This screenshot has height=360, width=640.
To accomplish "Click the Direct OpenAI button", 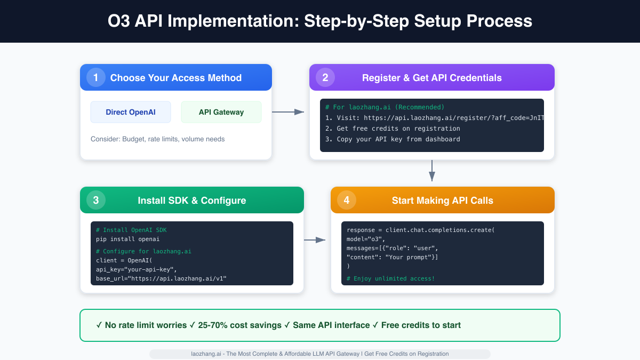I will pyautogui.click(x=131, y=112).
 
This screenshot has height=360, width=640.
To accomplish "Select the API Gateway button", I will pyautogui.click(x=221, y=112).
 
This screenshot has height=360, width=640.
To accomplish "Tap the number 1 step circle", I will pyautogui.click(x=96, y=78).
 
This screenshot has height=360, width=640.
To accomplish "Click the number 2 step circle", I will pyautogui.click(x=325, y=78).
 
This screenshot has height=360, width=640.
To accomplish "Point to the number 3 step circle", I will pyautogui.click(x=96, y=201).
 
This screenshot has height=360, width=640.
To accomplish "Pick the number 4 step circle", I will pyautogui.click(x=347, y=201).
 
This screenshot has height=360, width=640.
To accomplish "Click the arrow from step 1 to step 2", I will pyautogui.click(x=288, y=112).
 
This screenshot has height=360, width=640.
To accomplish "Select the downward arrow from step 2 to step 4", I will pyautogui.click(x=432, y=171).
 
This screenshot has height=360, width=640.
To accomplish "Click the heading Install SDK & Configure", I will pyautogui.click(x=192, y=201).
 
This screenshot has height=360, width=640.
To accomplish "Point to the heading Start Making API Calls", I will pyautogui.click(x=443, y=201).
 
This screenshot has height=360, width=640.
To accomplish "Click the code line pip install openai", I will pyautogui.click(x=128, y=239).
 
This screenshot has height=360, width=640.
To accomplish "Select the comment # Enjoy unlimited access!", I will pyautogui.click(x=390, y=278).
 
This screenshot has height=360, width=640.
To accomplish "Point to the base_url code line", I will pyautogui.click(x=161, y=278).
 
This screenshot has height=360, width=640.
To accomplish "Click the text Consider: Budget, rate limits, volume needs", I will pyautogui.click(x=158, y=139).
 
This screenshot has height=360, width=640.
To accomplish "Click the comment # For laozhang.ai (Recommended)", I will pyautogui.click(x=385, y=107).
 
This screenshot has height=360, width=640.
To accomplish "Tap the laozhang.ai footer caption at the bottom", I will pyautogui.click(x=320, y=354).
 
